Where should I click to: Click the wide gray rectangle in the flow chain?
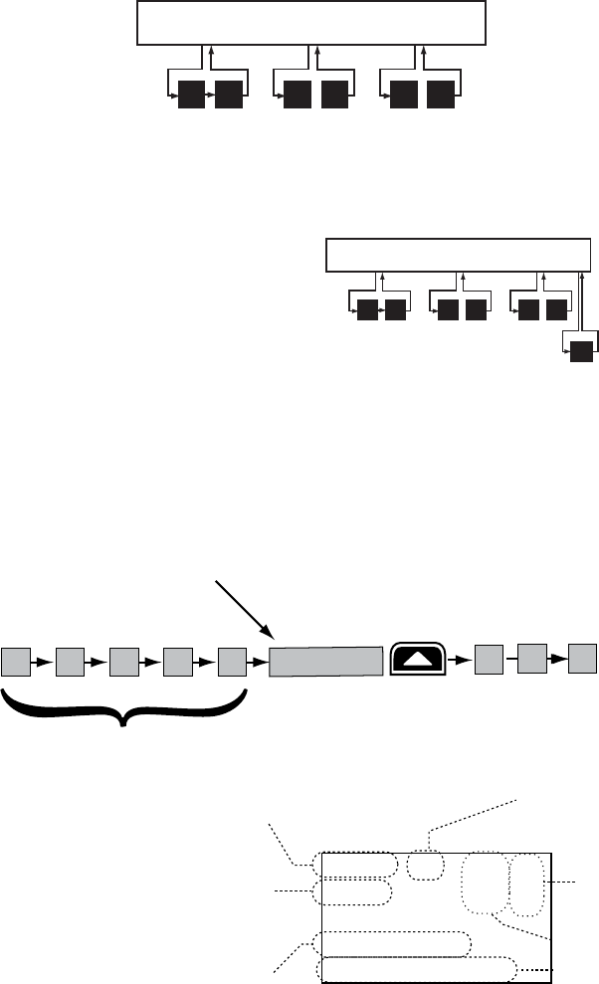[326, 661]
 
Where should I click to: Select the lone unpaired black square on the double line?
[580, 350]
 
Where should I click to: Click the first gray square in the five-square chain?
[15, 661]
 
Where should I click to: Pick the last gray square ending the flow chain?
[583, 658]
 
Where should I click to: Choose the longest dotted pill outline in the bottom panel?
[417, 969]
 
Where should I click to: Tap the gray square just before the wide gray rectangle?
[233, 661]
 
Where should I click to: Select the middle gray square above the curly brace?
[124, 661]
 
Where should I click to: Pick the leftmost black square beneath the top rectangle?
[191, 96]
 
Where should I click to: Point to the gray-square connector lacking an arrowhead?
[506, 658]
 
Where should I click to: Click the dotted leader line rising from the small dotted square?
[473, 823]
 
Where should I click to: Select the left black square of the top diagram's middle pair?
[298, 96]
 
